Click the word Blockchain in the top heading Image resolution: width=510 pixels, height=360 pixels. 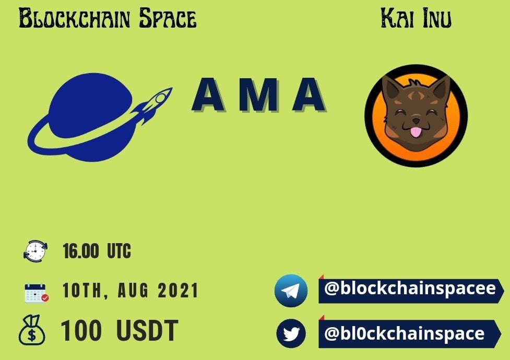75,18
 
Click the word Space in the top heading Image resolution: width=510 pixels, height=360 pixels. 168,18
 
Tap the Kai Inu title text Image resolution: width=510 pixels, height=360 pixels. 416,18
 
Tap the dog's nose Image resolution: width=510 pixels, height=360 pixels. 416,121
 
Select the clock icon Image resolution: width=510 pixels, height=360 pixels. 35,251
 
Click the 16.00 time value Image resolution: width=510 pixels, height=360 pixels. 81,251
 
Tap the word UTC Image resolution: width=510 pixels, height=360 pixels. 119,251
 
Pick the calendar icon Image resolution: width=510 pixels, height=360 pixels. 37,293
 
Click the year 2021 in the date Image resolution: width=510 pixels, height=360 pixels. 178,291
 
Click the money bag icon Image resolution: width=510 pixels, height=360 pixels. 31,330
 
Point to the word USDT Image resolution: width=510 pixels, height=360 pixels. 147,330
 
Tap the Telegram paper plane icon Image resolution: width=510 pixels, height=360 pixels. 291,291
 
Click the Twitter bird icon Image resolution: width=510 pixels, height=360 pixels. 291,333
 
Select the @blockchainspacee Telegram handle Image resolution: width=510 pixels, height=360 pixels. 410,289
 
